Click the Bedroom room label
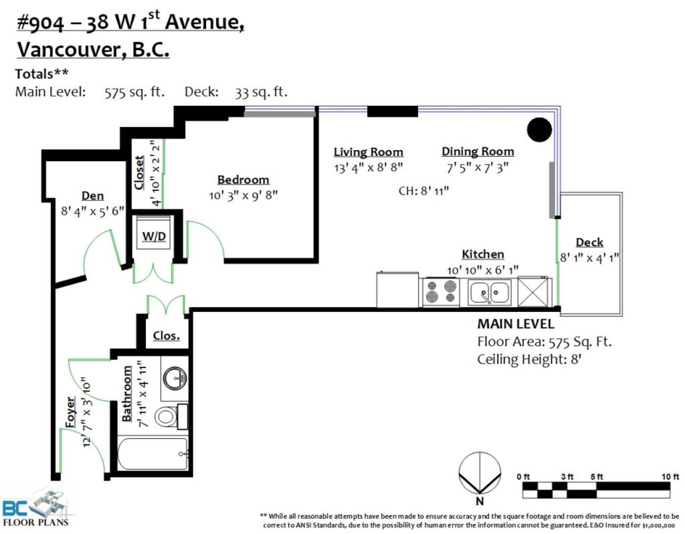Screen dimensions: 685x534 243,179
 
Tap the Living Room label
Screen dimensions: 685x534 369,152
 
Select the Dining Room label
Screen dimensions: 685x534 478,152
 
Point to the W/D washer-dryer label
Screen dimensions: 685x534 155,236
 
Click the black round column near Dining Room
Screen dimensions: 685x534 539,130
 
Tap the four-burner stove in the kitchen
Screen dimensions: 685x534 442,292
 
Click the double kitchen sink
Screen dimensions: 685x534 489,292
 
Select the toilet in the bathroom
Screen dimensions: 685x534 171,416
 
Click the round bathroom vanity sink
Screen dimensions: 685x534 175,378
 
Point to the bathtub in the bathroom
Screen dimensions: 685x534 153,454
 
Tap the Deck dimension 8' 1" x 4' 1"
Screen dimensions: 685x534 590,258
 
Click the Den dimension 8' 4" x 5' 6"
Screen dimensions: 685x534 92,211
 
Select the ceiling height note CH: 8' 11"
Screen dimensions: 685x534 423,191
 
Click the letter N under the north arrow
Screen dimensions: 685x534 480,501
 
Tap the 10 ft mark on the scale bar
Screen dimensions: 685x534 670,476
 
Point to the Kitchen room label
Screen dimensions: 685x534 483,254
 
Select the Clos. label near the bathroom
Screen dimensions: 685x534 166,336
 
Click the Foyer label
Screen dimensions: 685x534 70,412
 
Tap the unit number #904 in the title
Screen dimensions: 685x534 40,23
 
